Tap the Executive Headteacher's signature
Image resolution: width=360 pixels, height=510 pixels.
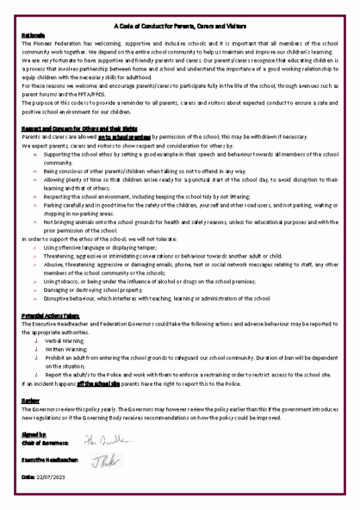(102, 470)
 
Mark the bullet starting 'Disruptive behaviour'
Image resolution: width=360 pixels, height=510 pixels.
(172, 302)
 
